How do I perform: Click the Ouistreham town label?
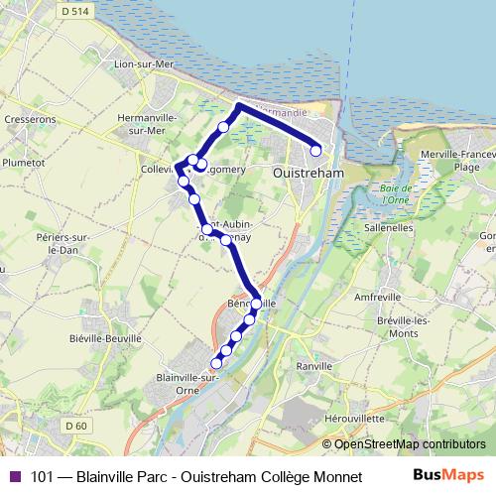(x=308, y=172)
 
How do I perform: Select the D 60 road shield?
(x=74, y=426)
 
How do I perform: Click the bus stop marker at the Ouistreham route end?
(x=316, y=151)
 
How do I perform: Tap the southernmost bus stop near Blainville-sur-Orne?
(x=217, y=362)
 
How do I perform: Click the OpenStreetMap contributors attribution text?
(x=410, y=444)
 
